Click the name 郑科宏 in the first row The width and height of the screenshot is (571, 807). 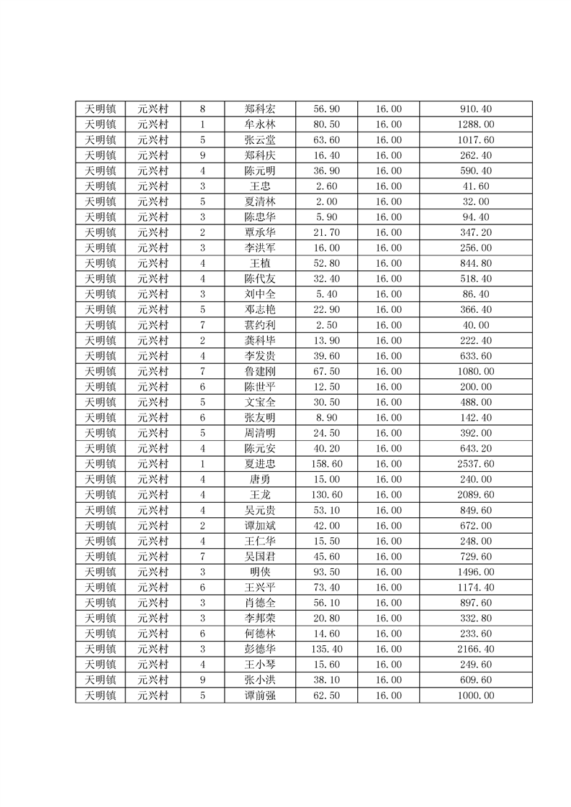[259, 109]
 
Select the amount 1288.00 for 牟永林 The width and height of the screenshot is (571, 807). [475, 124]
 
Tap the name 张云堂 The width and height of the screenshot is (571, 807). [259, 140]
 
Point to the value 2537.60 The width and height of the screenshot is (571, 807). [475, 464]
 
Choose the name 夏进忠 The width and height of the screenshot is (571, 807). [259, 464]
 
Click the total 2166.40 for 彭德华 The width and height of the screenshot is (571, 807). [475, 649]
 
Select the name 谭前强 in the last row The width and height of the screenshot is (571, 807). [259, 696]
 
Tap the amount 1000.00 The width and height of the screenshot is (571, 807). [475, 696]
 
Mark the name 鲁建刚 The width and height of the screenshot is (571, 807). [259, 371]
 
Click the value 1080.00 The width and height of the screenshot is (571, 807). [475, 371]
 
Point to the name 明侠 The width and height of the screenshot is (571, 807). [259, 572]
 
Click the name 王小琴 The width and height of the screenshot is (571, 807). [259, 665]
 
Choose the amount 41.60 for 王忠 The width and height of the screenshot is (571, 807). [475, 186]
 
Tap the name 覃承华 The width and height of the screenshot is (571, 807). [259, 232]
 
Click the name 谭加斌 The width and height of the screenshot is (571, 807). [259, 526]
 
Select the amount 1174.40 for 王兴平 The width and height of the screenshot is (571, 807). [475, 588]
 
